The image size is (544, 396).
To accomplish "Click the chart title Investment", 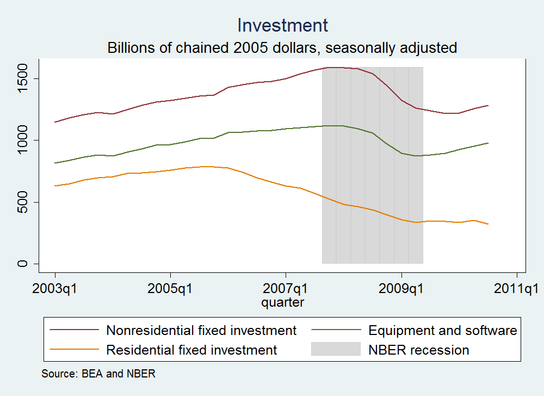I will [x=282, y=25].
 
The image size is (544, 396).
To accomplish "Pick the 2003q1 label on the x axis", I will [x=55, y=287].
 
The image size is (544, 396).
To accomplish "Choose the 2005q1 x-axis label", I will [x=170, y=287].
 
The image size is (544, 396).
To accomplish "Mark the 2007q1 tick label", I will [x=286, y=287].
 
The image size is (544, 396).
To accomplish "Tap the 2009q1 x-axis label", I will [x=401, y=287].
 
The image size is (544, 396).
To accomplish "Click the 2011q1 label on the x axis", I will [x=516, y=287].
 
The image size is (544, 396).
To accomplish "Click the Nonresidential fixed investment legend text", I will [x=201, y=330].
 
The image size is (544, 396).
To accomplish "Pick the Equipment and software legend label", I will [x=442, y=330].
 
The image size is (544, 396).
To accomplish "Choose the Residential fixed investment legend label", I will [x=191, y=349].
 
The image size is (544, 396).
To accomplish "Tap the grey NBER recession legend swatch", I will [x=336, y=349].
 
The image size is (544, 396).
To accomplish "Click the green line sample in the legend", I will [x=336, y=330].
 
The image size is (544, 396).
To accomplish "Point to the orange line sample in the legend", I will [x=74, y=349].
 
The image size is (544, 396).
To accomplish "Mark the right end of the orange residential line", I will [x=487, y=224].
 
